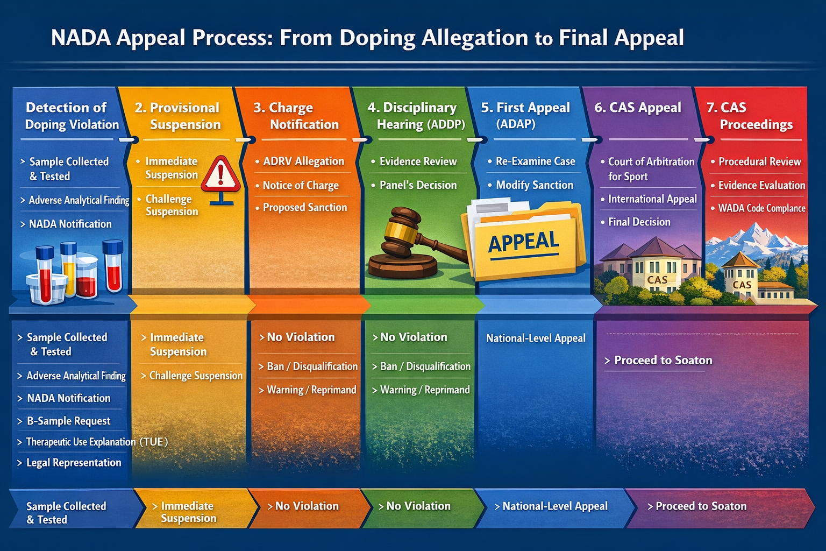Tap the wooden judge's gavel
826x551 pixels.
point(409,242)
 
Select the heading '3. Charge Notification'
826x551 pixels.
point(296,116)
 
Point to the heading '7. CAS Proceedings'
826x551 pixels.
point(750,116)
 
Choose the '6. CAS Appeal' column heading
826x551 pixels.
point(638,108)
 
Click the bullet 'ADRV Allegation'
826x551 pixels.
point(303,161)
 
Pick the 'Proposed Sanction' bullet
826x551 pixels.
point(304,208)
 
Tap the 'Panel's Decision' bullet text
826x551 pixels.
point(418,185)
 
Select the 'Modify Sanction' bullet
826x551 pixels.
point(535,185)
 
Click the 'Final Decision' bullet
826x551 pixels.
point(639,222)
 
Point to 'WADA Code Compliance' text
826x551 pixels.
point(761,208)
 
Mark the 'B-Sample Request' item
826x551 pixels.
point(68,421)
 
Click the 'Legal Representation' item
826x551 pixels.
point(74,463)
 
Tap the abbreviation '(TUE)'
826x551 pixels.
point(154,442)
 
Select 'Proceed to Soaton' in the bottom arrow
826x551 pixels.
point(701,506)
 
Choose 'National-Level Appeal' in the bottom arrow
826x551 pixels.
point(555,506)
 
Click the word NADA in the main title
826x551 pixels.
point(81,38)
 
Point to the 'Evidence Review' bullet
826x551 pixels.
point(418,161)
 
